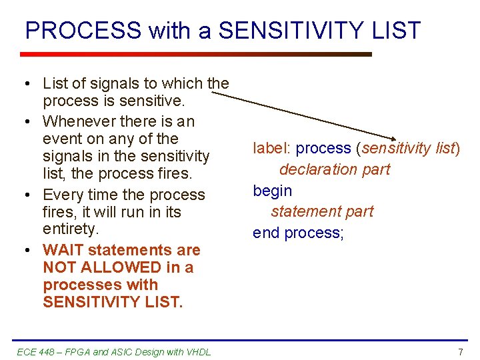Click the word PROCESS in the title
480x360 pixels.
click(83, 31)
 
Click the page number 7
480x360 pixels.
click(460, 351)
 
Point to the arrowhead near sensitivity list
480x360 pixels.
click(399, 137)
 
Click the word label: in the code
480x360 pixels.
click(272, 148)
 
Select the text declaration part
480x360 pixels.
click(335, 169)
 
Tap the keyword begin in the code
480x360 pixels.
click(272, 191)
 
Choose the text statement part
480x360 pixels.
click(322, 211)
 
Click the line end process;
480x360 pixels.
click(298, 233)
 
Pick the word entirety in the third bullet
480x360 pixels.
click(69, 229)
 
